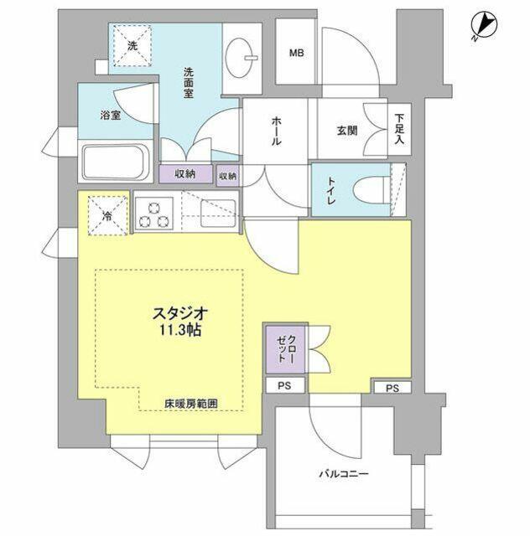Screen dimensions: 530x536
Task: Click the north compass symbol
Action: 484,25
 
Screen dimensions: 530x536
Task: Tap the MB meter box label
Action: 297,53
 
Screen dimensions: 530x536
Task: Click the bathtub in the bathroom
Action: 116,162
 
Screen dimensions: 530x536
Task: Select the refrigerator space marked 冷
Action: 108,215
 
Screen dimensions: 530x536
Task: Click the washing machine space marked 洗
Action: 132,45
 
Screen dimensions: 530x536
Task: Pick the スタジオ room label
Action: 180,313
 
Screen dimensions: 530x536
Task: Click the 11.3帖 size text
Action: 180,330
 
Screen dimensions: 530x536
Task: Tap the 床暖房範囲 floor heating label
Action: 190,404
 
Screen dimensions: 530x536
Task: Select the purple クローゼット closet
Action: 285,349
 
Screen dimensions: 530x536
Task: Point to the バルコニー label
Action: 344,474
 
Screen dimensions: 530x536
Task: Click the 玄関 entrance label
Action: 347,131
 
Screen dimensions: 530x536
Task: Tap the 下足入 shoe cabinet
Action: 399,129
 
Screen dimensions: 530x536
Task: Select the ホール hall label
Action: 277,131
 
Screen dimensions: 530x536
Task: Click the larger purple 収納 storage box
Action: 186,174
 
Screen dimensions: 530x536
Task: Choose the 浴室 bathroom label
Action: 111,116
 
